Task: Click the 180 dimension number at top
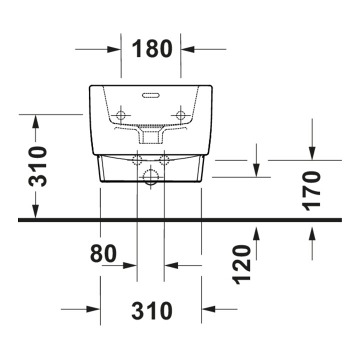tap(152, 48)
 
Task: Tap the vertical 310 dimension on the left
tap(37, 166)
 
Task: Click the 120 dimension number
tap(241, 264)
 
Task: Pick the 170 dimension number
tap(311, 191)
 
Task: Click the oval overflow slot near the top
tap(151, 95)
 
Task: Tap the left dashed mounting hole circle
tap(121, 115)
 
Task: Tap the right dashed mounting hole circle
tap(180, 115)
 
